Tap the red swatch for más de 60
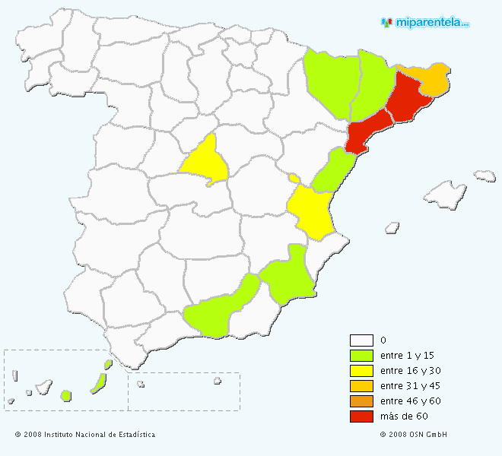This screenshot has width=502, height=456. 361,416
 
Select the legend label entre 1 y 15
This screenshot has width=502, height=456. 410,356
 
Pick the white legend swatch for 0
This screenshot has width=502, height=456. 361,340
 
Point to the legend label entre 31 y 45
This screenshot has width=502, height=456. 410,386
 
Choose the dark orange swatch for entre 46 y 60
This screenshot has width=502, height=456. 361,401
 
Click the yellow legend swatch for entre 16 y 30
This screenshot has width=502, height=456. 361,371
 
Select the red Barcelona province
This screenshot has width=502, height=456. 408,99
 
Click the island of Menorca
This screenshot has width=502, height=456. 485,176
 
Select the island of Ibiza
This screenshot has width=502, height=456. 392,226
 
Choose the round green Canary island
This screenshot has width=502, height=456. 66,395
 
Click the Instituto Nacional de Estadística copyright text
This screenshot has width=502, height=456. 85,435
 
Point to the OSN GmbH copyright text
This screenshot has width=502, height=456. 414,435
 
